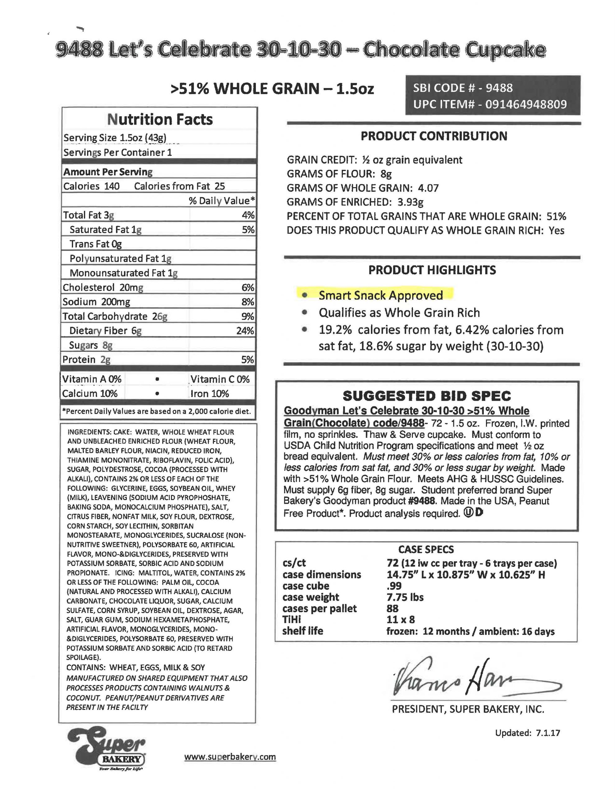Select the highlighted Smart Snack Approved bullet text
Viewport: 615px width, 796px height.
[381, 295]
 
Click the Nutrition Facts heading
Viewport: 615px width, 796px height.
[160, 119]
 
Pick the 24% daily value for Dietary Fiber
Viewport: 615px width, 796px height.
[245, 331]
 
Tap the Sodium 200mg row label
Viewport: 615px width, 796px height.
[96, 302]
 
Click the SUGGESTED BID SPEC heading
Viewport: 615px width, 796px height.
[427, 396]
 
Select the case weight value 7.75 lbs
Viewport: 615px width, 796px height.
[405, 597]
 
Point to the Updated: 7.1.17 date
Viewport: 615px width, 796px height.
[527, 733]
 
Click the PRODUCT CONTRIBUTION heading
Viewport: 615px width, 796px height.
[434, 136]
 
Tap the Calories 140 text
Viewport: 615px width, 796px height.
[91, 186]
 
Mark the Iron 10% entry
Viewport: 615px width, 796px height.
[210, 394]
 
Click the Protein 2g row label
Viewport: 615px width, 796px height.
[86, 360]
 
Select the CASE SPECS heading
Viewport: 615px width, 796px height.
[426, 550]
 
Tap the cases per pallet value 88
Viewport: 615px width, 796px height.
[393, 609]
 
